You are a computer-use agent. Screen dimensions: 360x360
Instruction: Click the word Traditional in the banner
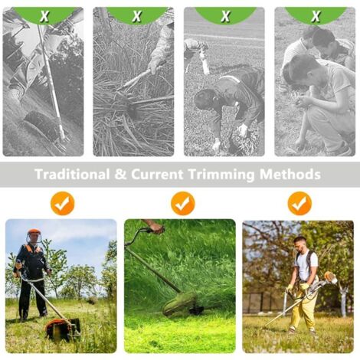point(72,174)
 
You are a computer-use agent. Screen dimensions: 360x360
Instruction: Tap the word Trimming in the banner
point(221,175)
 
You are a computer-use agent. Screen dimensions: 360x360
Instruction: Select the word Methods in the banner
point(290,174)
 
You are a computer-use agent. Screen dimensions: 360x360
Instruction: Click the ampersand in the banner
point(120,174)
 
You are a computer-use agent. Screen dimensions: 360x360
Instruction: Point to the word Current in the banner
point(157,174)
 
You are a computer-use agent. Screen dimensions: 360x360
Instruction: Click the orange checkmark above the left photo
point(62,204)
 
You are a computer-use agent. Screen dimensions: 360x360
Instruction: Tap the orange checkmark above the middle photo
point(183,204)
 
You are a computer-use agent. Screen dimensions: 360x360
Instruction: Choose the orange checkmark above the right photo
point(299,204)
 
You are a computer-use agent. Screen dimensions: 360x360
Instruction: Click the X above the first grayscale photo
point(44,16)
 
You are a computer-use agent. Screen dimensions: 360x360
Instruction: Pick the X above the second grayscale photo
point(137,16)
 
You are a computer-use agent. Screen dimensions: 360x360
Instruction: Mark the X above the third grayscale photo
point(225,16)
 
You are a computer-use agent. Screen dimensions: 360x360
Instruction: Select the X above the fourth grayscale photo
point(316,16)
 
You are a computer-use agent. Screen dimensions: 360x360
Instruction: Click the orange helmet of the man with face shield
point(34,232)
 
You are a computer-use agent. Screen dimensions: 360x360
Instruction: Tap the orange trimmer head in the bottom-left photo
point(62,329)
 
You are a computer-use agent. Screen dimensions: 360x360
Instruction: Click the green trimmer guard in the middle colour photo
point(179,303)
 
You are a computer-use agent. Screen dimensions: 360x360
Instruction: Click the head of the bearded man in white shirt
point(299,244)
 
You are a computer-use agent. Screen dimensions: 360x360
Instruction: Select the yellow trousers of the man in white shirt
point(306,306)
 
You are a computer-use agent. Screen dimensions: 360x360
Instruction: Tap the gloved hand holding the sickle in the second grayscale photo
point(155,66)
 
